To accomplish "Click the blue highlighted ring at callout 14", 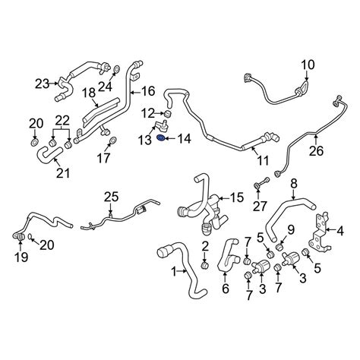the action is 160,137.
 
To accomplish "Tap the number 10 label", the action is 308,65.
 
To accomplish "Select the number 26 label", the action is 317,151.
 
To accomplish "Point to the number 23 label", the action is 43,84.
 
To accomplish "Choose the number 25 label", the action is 112,197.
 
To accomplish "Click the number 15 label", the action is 236,197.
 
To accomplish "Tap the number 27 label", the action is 260,207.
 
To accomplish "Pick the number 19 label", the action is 21,257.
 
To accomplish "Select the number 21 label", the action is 63,173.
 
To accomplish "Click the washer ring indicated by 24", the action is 116,69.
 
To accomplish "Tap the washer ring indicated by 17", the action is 112,141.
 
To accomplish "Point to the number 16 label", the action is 148,91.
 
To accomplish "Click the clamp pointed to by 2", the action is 204,266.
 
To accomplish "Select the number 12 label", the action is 148,114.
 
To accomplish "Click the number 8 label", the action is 294,184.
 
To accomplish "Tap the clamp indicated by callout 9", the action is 279,246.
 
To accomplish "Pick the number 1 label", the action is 174,272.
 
